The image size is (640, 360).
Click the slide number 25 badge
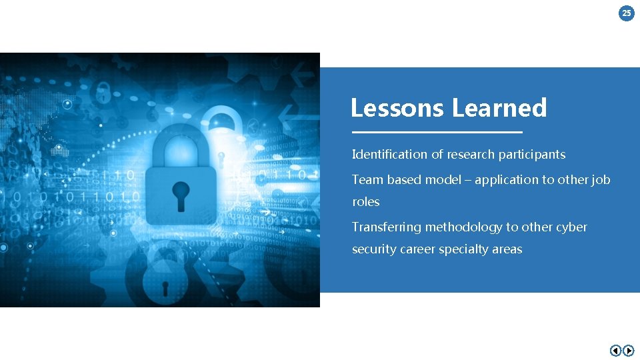click(x=627, y=13)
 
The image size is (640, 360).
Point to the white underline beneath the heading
click(x=437, y=132)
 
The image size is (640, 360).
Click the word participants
click(x=532, y=155)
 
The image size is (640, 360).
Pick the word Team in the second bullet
click(x=367, y=180)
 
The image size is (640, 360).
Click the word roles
click(x=366, y=202)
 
